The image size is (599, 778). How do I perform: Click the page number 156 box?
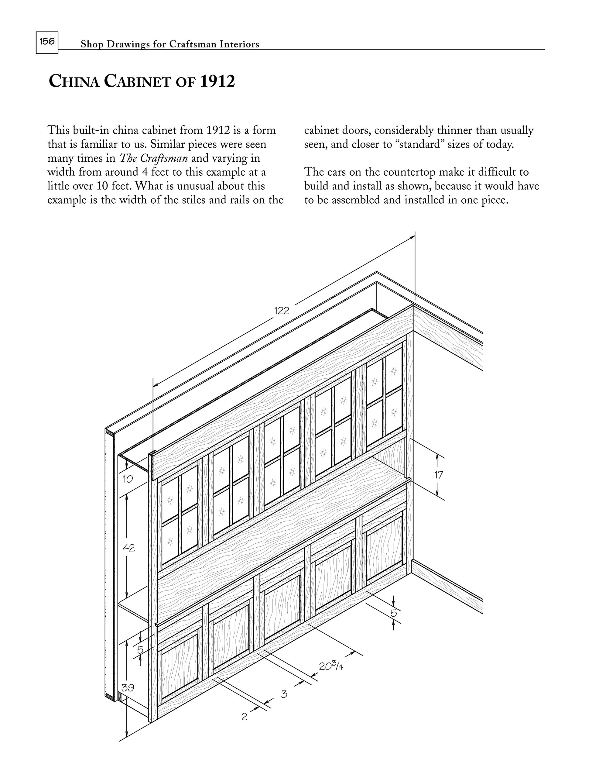(x=47, y=42)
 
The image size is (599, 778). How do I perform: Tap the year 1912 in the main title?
(x=217, y=81)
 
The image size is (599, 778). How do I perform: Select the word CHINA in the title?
(x=74, y=81)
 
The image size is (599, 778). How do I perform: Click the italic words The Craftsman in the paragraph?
(x=153, y=158)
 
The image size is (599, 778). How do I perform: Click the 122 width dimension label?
(x=281, y=311)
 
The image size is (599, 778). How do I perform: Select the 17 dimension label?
(x=438, y=475)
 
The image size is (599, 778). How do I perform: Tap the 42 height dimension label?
(x=128, y=548)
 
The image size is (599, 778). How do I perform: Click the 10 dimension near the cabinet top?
(x=128, y=479)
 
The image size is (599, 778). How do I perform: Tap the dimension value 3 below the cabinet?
(x=284, y=694)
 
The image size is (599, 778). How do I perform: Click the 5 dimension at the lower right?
(x=394, y=613)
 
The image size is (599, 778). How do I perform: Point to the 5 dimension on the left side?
(x=140, y=650)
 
